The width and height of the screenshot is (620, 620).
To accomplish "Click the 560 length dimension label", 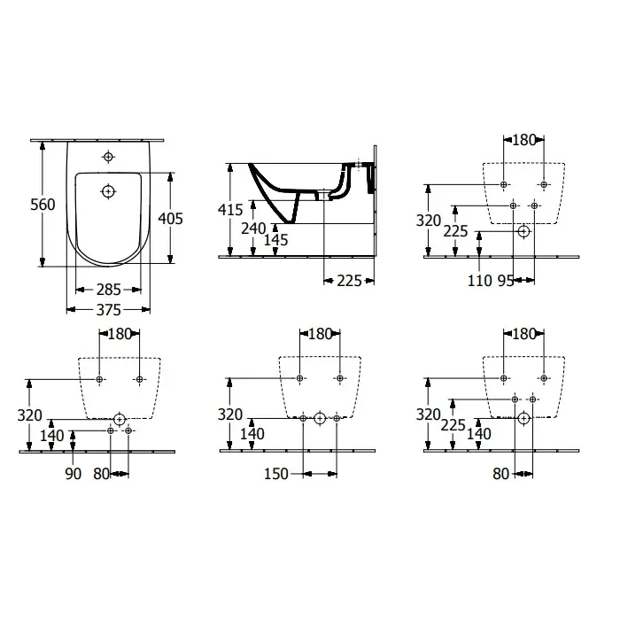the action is (43, 205).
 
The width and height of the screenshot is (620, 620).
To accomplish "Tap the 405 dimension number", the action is (170, 218).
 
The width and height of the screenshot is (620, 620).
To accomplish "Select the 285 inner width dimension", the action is (108, 290).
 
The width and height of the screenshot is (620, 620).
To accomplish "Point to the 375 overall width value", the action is (108, 310).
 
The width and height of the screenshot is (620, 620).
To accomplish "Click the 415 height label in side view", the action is (230, 210).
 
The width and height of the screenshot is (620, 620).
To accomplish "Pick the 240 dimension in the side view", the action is (253, 229).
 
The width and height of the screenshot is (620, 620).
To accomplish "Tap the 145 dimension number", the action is (276, 240).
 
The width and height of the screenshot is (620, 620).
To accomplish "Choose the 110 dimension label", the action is (480, 281).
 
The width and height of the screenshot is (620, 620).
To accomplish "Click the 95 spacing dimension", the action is (506, 281).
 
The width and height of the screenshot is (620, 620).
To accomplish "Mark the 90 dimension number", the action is (74, 474).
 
